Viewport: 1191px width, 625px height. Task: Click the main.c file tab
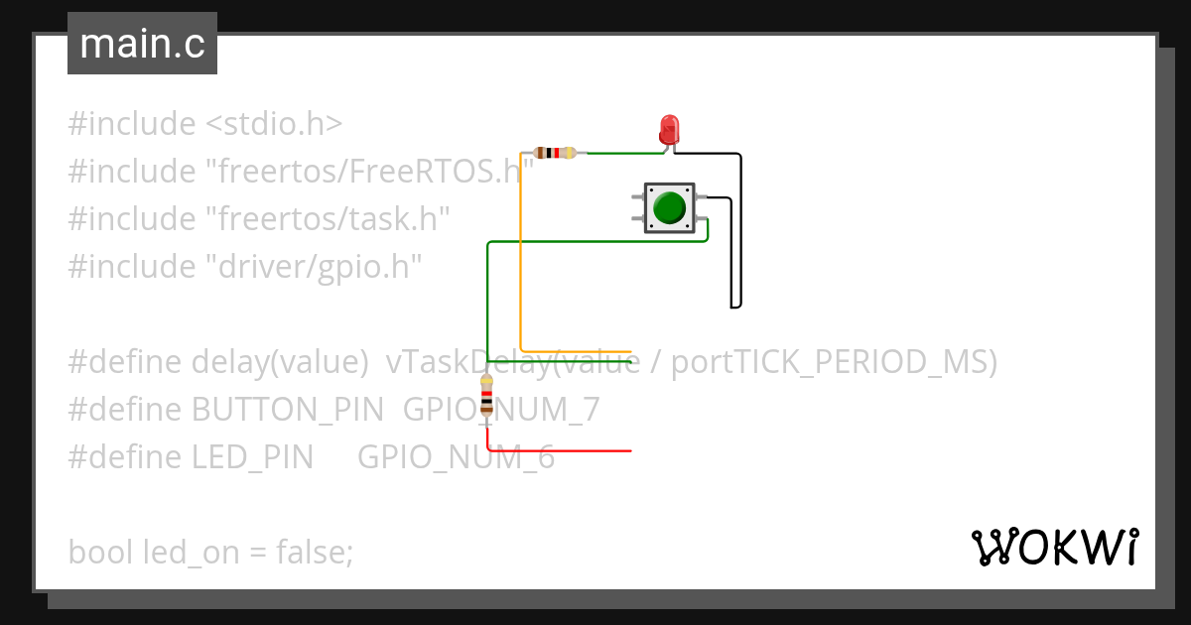[142, 44]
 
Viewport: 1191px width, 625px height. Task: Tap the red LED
[670, 130]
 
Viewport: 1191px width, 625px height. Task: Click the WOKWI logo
[1054, 547]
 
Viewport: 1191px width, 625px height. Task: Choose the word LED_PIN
[252, 456]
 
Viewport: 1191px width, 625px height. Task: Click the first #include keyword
[132, 124]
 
